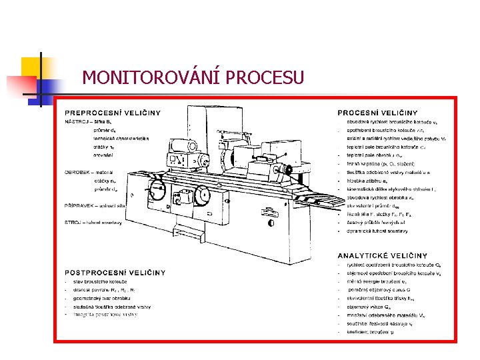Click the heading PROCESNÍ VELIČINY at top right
377,113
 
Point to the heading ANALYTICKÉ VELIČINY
382,255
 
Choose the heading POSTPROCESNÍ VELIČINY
115,272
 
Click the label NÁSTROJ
75,121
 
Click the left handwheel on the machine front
158,191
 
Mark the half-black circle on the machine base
270,223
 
